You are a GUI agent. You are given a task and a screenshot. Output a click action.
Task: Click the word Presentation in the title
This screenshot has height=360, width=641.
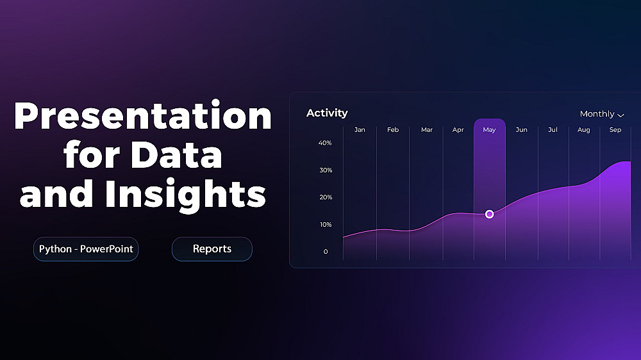143,116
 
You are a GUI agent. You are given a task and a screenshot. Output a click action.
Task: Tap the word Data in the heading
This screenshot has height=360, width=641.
176,154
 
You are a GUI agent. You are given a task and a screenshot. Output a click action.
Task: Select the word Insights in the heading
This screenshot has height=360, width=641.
185,193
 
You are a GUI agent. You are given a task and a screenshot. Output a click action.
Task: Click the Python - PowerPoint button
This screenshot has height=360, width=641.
86,249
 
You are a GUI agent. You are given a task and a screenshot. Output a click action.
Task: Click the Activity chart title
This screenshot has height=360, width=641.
327,113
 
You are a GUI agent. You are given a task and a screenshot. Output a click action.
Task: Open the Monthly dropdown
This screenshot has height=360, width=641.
602,114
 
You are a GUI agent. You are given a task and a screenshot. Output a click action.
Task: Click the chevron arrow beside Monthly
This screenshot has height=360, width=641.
620,116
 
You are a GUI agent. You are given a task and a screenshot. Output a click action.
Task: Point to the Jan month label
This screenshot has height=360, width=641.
360,130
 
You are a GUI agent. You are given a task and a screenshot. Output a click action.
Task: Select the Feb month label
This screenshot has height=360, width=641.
393,130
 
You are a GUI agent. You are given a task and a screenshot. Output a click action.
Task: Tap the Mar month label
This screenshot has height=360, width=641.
427,130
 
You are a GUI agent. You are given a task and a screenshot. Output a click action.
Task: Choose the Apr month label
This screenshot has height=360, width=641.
458,130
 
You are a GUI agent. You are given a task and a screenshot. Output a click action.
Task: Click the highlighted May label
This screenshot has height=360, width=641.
489,130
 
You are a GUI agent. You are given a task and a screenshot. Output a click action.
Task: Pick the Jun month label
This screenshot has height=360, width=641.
521,130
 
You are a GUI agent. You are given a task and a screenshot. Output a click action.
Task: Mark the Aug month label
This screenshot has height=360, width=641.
584,130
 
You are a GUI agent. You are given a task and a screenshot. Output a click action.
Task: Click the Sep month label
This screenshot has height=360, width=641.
615,130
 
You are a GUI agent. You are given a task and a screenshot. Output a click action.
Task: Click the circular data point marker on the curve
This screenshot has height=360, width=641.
489,214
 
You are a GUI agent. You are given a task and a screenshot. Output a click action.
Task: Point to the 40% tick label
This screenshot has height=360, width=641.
325,143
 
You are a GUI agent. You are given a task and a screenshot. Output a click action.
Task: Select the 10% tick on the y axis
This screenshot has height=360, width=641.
326,225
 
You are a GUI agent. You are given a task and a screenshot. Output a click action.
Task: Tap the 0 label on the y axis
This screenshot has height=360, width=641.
326,252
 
